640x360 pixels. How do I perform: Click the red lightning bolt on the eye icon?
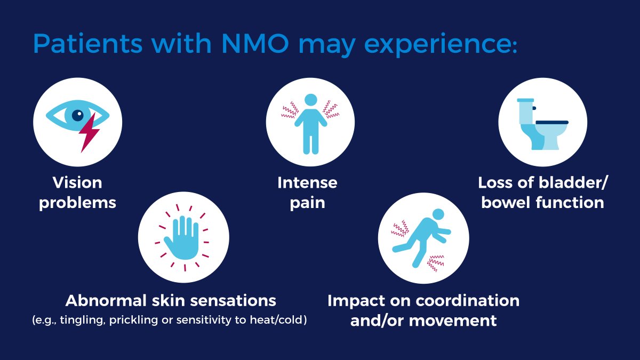coord(89,133)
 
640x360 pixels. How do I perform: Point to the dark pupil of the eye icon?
coord(78,114)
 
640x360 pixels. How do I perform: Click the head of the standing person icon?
coord(310,100)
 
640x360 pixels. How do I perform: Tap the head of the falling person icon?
coord(437,214)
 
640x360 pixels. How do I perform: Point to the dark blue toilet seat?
coord(551,122)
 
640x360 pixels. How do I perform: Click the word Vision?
coord(77,183)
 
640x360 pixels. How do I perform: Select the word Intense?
coord(307,183)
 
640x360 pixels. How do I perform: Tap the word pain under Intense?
coord(307,203)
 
